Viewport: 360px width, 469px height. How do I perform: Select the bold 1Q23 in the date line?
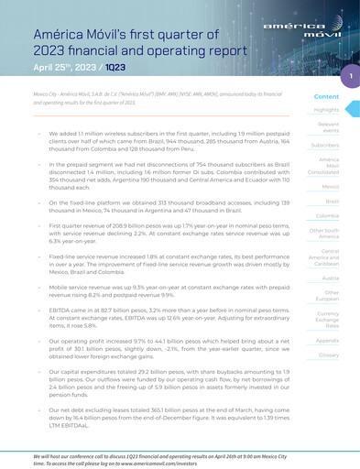click(x=115, y=68)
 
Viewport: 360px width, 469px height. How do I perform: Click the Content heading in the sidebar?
click(x=326, y=96)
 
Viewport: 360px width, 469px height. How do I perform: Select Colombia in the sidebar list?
click(x=328, y=215)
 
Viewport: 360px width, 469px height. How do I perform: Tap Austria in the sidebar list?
click(x=331, y=277)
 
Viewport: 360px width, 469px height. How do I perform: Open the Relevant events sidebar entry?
click(x=328, y=127)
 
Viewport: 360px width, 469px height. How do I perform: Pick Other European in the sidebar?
click(x=329, y=296)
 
